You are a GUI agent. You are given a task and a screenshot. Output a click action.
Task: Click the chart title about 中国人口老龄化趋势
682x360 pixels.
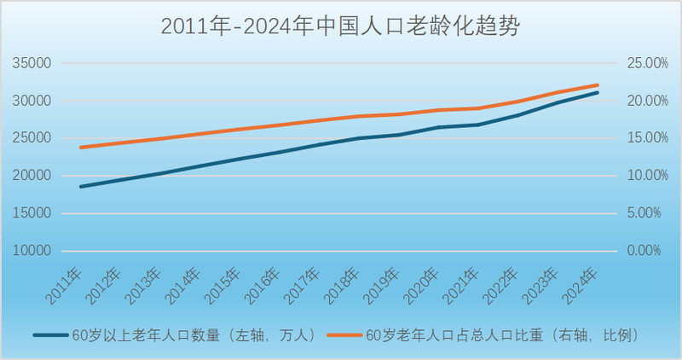[x=340, y=26]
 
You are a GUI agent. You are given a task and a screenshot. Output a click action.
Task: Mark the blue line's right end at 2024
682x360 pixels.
[x=598, y=92]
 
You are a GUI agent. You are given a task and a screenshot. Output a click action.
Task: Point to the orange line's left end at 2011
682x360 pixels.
[x=81, y=148]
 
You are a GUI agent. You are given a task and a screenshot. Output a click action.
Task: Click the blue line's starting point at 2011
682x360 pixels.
[x=81, y=186]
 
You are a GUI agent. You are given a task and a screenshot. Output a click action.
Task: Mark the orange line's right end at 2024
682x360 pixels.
[x=598, y=85]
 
